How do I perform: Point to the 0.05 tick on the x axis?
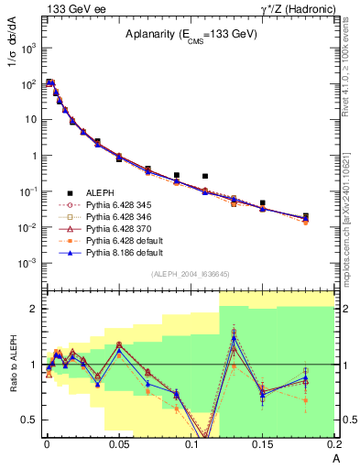[118, 444]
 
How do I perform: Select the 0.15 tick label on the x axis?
[263, 444]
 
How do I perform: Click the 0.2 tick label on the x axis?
[333, 444]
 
